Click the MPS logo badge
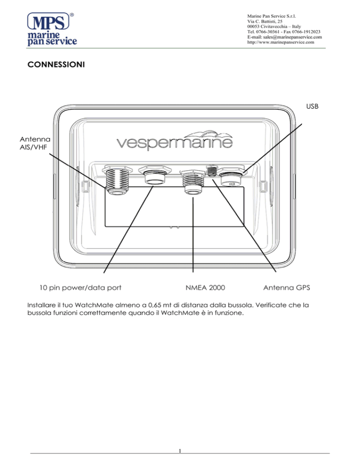48,21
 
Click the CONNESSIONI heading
56,65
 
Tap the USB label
312,106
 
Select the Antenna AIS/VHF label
35,143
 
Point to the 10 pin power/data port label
80,287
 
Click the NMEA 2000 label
205,287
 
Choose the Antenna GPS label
286,287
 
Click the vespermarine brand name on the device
174,142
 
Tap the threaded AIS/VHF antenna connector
117,180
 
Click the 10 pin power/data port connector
155,175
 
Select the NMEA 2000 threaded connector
194,182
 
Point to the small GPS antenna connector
212,171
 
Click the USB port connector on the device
232,177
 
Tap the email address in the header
285,37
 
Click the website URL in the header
281,42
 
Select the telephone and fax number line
284,31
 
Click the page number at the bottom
180,451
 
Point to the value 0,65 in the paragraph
155,305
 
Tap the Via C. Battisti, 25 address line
265,21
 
